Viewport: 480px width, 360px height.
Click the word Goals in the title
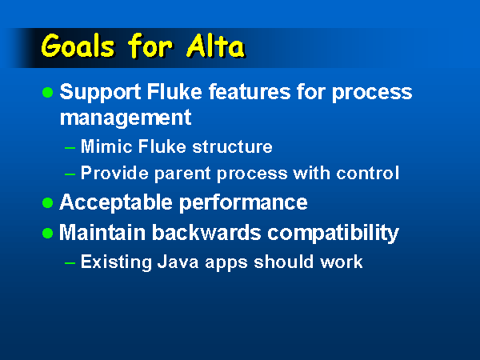pos(78,46)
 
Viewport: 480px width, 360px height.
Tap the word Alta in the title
pos(215,46)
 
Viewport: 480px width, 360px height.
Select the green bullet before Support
pos(47,92)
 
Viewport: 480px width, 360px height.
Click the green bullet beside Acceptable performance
pos(47,202)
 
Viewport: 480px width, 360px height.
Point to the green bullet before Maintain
pos(47,234)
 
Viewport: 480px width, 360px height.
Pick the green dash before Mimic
pos(70,148)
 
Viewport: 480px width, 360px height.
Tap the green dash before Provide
pos(70,174)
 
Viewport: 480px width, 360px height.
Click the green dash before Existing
pos(70,263)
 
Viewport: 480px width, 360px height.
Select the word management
pos(126,118)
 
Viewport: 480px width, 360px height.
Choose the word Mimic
pos(106,146)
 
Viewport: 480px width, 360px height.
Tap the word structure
pos(232,146)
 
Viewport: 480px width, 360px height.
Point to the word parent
pos(182,174)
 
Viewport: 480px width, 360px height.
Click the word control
pos(368,173)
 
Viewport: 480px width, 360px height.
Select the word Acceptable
pos(116,202)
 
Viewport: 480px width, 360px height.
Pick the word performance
pos(243,203)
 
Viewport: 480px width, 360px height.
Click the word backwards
pos(206,233)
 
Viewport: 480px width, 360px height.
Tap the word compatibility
pos(333,234)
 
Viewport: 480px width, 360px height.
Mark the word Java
pos(178,262)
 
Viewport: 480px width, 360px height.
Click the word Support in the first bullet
pos(101,92)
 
